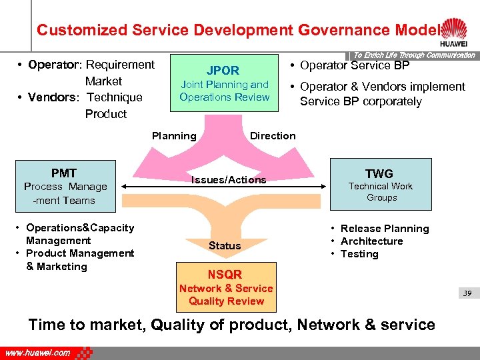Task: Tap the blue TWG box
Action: coord(381,185)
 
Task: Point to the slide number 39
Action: coord(467,293)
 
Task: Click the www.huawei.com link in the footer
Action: coord(38,353)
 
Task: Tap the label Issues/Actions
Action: coord(229,179)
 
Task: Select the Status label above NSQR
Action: coord(225,245)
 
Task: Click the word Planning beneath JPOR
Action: coord(174,136)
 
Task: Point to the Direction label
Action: coord(273,136)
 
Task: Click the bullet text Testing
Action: coord(359,254)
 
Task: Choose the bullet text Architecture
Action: coord(371,241)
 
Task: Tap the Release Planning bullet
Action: coord(385,229)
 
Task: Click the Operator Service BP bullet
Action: coord(355,65)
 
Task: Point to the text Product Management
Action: coord(79,253)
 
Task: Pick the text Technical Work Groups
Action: coord(381,192)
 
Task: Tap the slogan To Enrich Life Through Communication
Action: coord(414,55)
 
